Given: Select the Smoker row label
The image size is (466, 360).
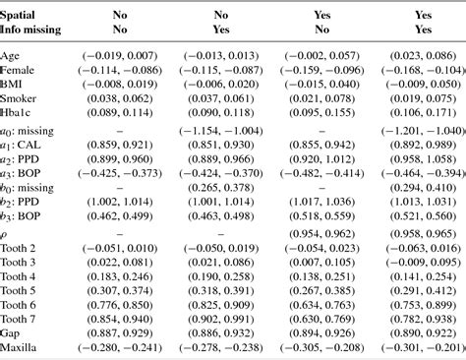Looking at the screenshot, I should click(20, 99).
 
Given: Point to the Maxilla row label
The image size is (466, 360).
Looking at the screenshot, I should click(22, 347).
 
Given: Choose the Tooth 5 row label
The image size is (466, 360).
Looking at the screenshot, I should click(22, 291).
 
